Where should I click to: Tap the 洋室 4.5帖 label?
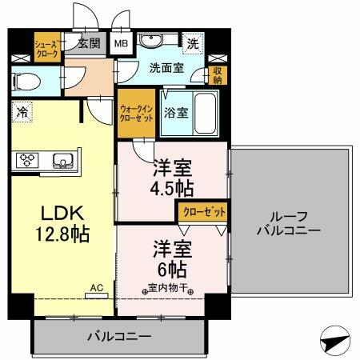(172, 178)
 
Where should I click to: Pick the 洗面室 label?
(166, 68)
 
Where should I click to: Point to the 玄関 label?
(89, 44)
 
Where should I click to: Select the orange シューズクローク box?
(46, 49)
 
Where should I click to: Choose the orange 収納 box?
(217, 74)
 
